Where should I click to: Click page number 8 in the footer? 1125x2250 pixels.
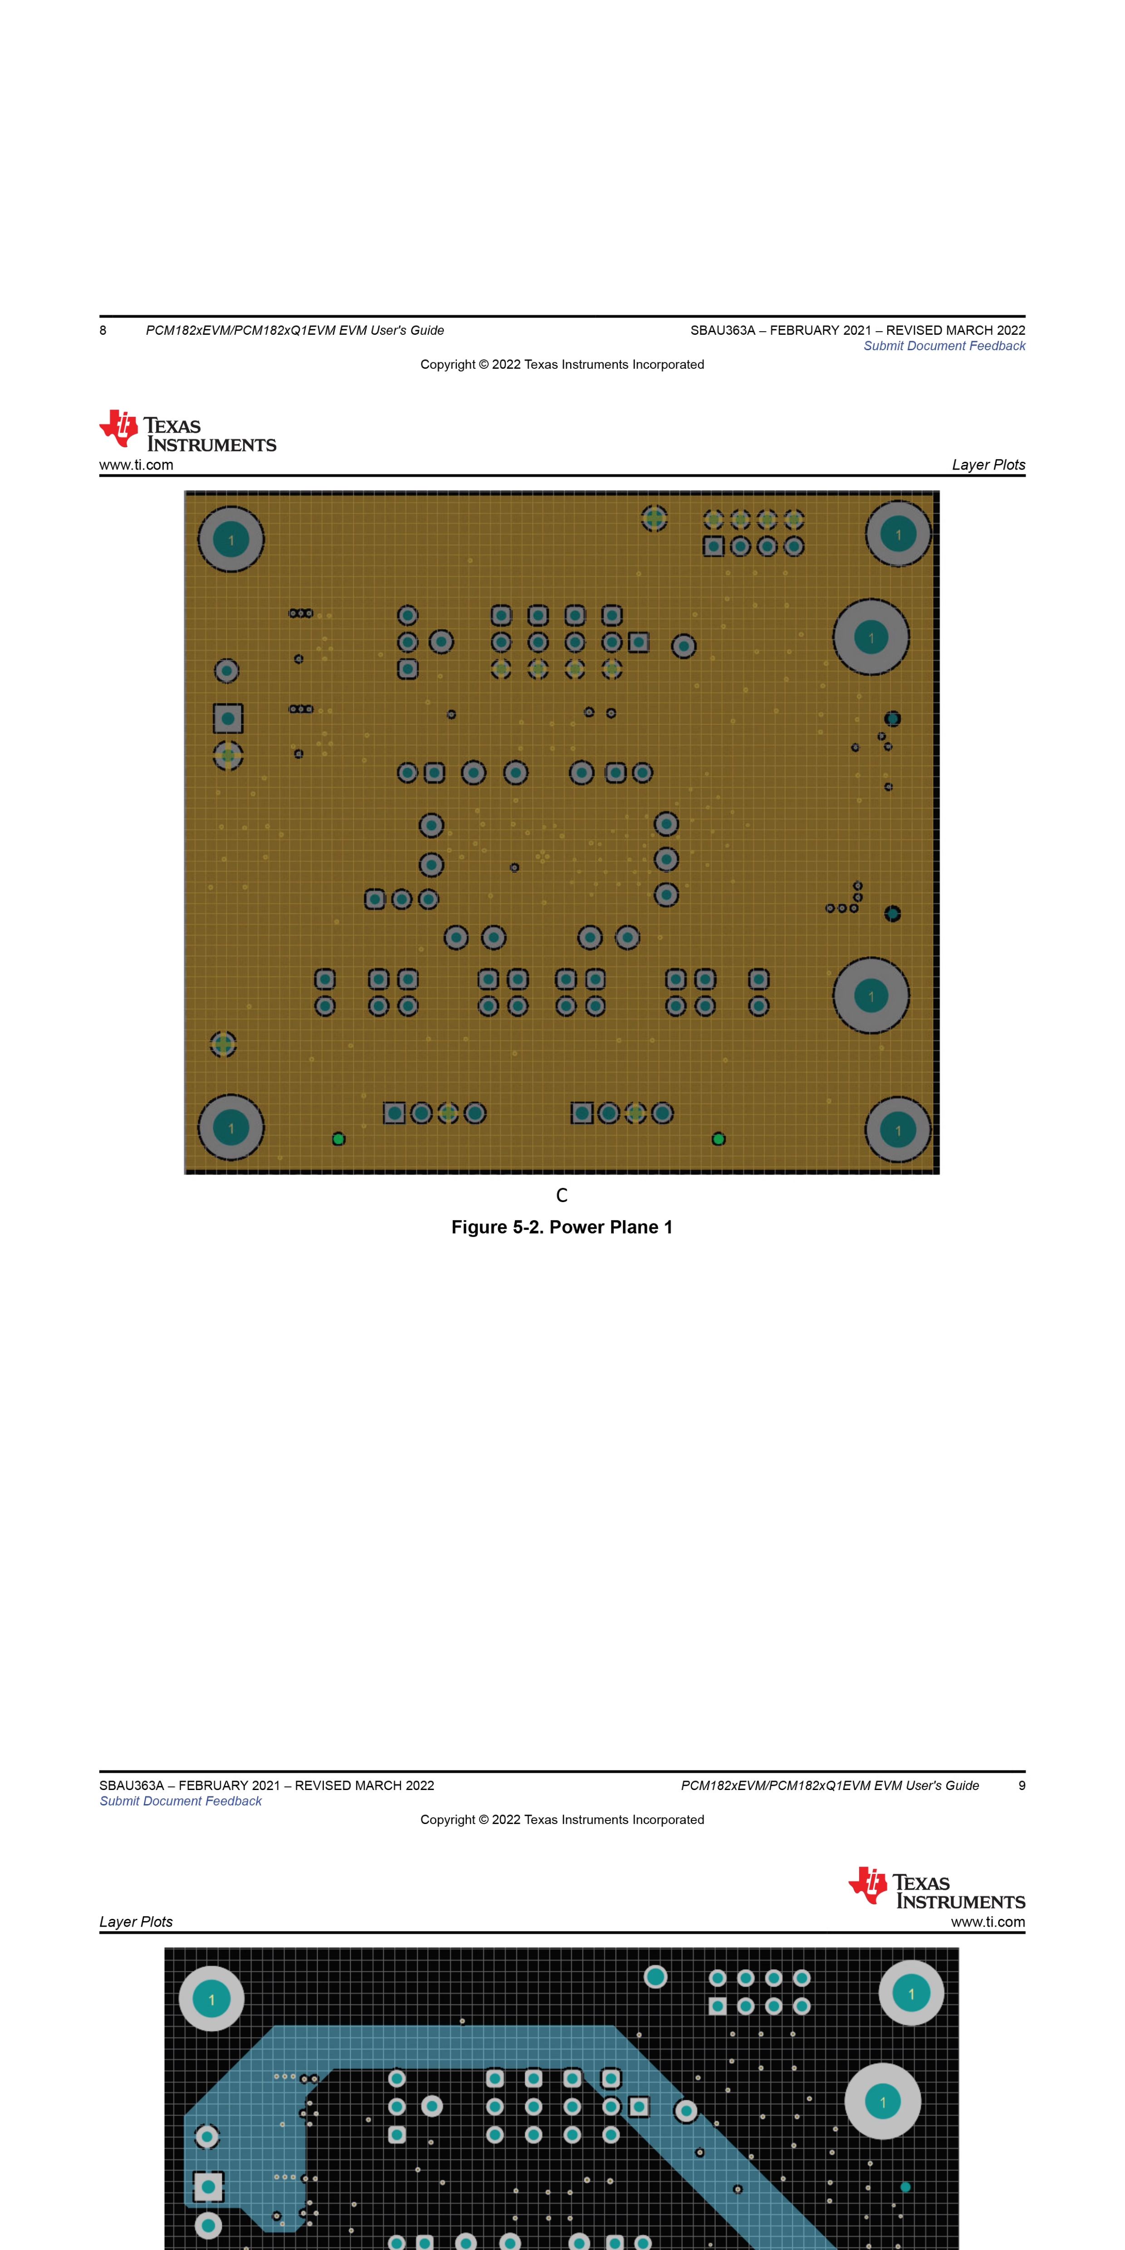tap(103, 330)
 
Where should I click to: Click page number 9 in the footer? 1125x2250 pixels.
tap(1022, 1785)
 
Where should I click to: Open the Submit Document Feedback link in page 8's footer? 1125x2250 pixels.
tap(944, 346)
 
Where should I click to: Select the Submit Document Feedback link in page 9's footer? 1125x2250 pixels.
tap(181, 1801)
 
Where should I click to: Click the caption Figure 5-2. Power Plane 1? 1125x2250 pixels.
tap(562, 1227)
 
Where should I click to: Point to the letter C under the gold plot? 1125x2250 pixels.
tap(562, 1195)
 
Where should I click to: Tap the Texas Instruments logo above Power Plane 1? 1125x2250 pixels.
tap(188, 430)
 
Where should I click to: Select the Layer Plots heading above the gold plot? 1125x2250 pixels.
tap(989, 465)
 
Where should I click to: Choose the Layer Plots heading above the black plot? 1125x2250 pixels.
tap(136, 1922)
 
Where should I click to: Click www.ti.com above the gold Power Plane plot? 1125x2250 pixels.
tap(136, 465)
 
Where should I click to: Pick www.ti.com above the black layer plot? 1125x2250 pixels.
tap(988, 1922)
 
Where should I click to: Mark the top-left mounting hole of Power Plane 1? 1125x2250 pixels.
tap(230, 540)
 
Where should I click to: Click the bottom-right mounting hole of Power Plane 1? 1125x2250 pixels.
tap(898, 1130)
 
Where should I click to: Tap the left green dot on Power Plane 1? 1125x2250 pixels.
tap(339, 1139)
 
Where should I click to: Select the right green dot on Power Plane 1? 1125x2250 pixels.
tap(718, 1139)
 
